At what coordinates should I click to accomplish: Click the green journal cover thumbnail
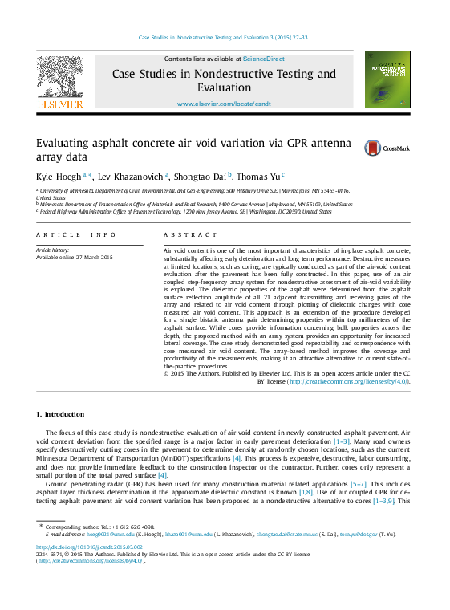[386, 79]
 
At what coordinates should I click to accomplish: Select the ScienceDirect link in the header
[264, 59]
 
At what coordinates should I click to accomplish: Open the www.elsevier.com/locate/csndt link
[224, 104]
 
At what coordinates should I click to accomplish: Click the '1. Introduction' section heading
[60, 414]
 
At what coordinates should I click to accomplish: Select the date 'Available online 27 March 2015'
[75, 257]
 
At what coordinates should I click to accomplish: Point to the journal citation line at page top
[224, 37]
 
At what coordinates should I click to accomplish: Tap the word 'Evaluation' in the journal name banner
[225, 87]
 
